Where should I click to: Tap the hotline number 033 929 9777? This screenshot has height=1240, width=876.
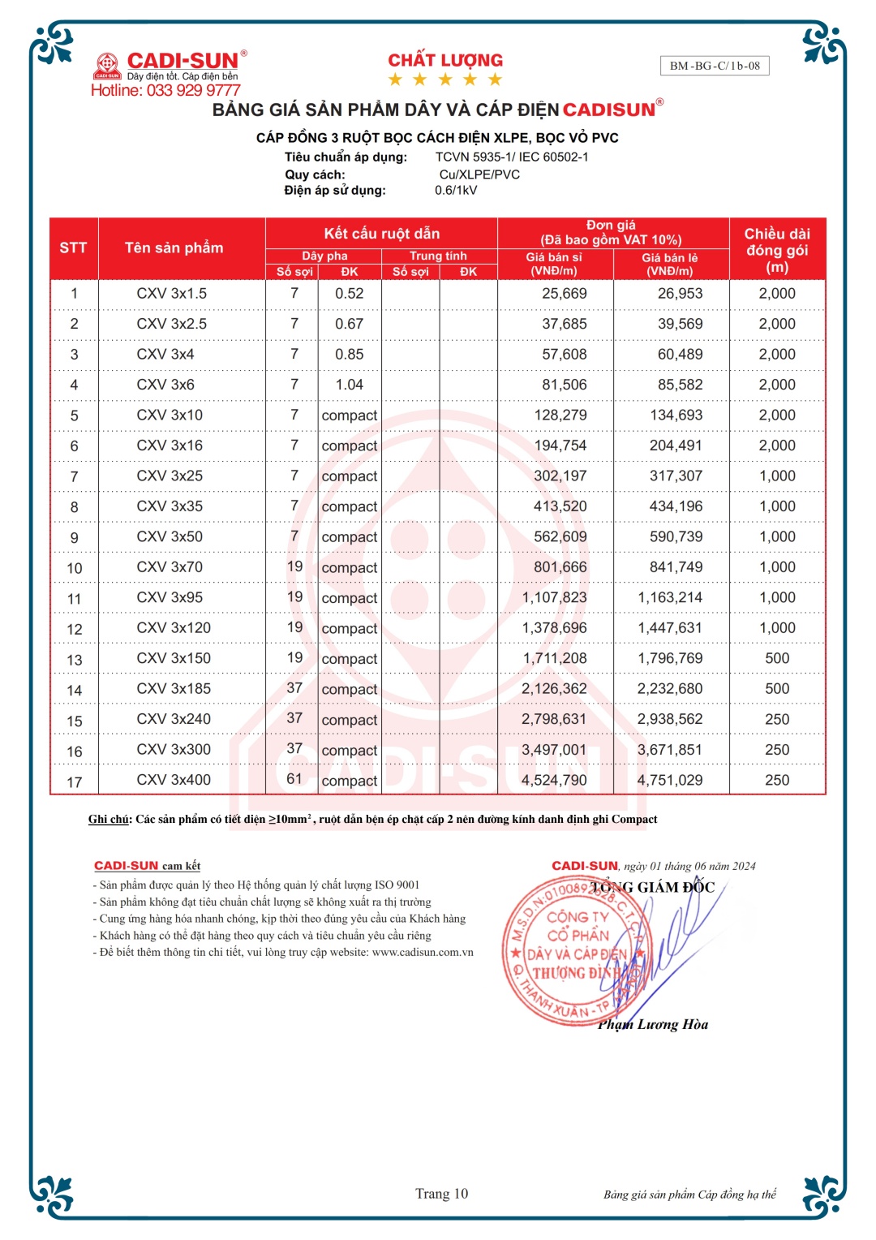pos(193,90)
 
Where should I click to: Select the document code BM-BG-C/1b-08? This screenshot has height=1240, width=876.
pos(715,66)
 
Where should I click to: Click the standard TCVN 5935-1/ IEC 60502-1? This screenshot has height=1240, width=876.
pos(512,157)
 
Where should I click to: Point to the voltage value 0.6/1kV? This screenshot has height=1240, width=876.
pos(456,190)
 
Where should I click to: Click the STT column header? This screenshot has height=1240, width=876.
pos(73,248)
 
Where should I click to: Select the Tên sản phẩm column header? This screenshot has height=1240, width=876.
pos(174,248)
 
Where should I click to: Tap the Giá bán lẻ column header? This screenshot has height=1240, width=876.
pos(670,264)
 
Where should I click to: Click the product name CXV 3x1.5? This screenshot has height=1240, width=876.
pos(171,293)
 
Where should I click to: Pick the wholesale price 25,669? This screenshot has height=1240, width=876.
pos(565,293)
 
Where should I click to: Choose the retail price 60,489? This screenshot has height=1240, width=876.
pos(680,354)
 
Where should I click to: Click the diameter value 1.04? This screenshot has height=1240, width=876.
pos(350,385)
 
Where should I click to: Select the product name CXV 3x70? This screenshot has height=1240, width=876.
pos(170,566)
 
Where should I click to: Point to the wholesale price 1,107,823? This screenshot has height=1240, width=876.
pos(554,597)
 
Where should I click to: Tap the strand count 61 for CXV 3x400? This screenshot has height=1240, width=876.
pos(294,779)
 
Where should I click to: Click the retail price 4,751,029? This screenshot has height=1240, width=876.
pos(670,780)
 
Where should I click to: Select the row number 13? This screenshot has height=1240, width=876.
pos(75,660)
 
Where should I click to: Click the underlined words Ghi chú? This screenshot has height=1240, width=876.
pos(109,819)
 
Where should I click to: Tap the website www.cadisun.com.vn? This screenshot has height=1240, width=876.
pos(423,952)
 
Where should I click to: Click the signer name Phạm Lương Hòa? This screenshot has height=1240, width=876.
pos(653,1024)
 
